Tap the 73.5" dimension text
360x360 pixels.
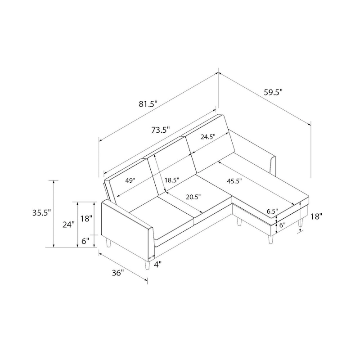coord(160,130)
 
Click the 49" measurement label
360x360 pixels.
coord(130,180)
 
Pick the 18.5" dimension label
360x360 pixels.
coord(171,180)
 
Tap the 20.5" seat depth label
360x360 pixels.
coord(191,197)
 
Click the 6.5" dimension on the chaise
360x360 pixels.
coord(272,211)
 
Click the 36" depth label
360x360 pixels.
coord(117,273)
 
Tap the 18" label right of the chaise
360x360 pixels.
coord(316,216)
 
